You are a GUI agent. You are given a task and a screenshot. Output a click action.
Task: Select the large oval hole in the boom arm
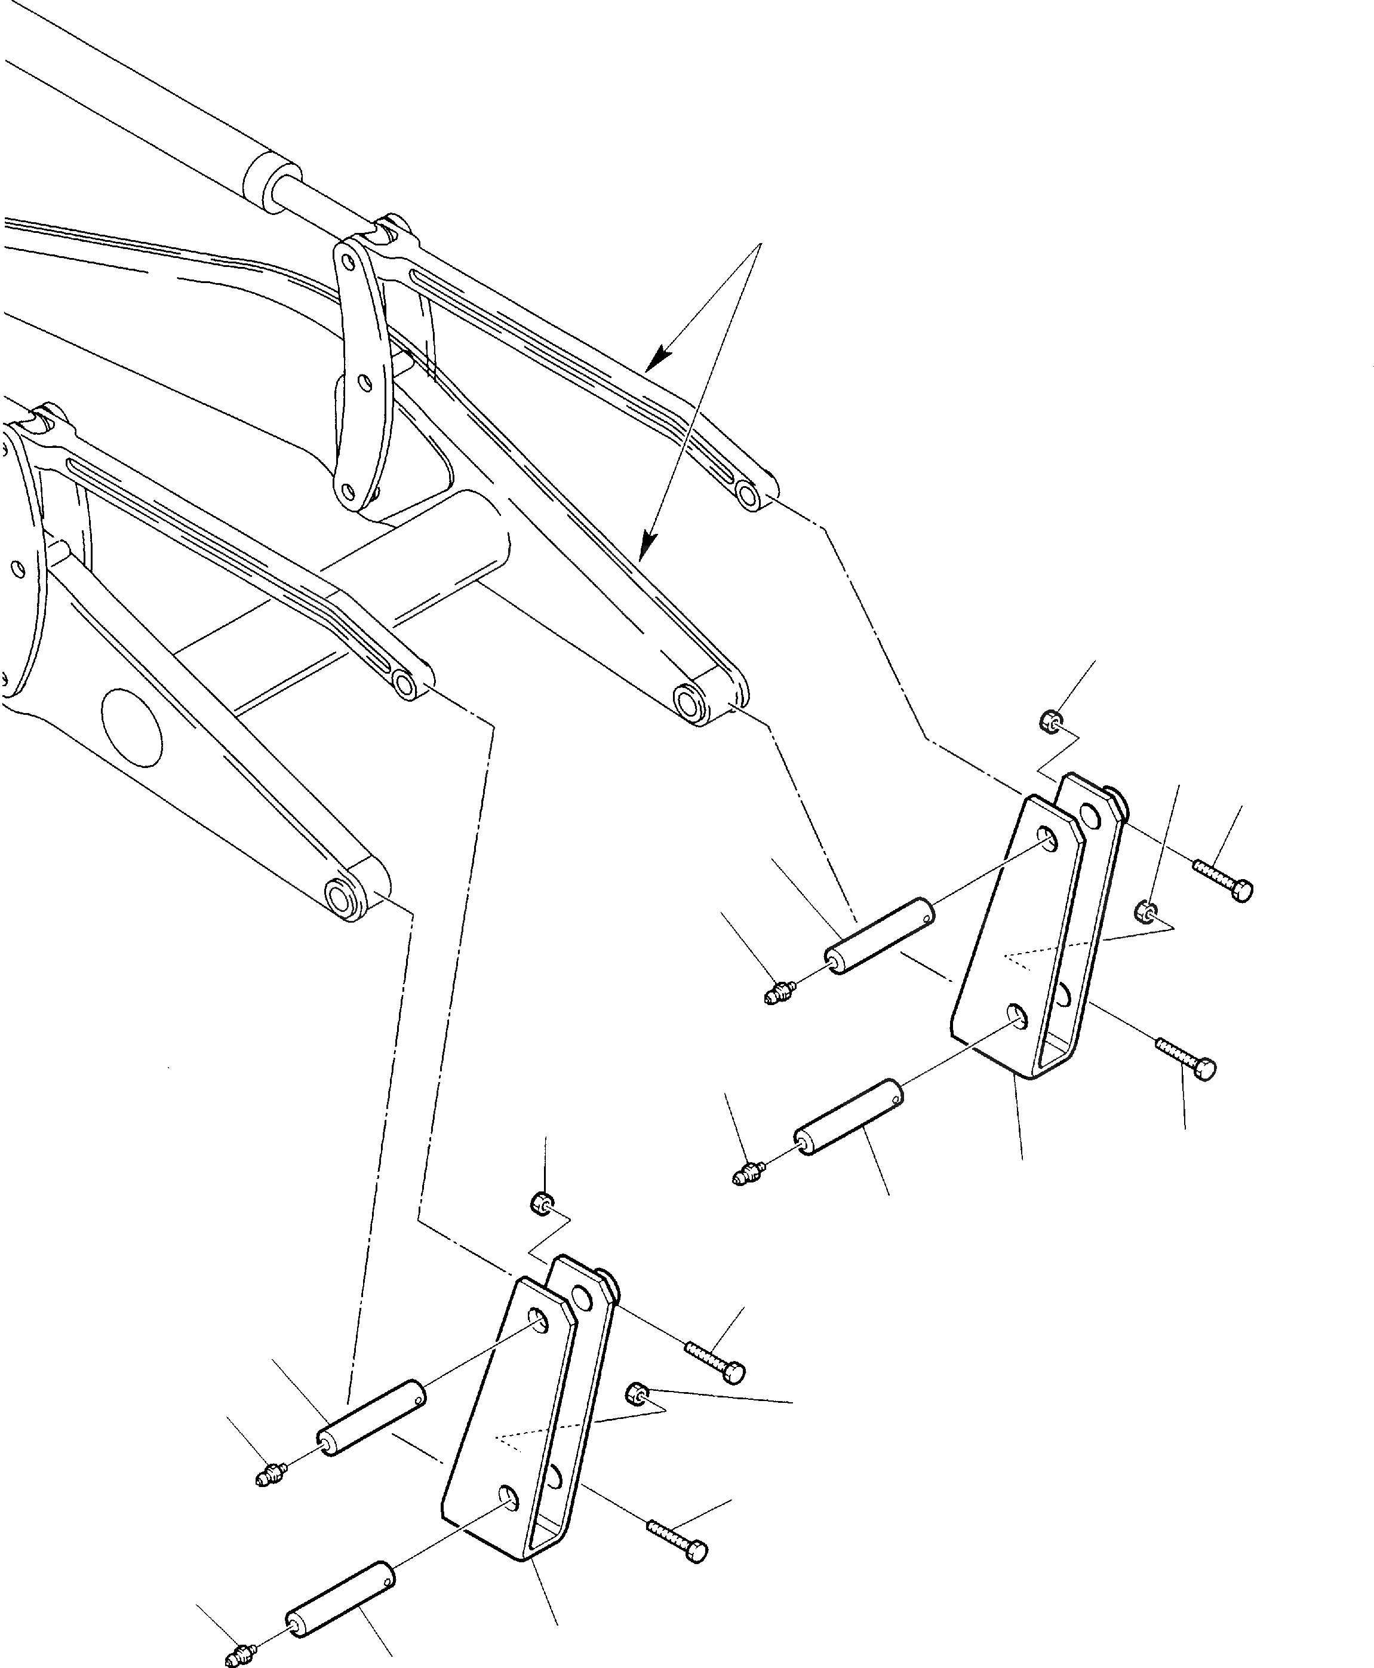click(132, 727)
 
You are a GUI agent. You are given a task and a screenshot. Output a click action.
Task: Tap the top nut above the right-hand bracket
click(1050, 720)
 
